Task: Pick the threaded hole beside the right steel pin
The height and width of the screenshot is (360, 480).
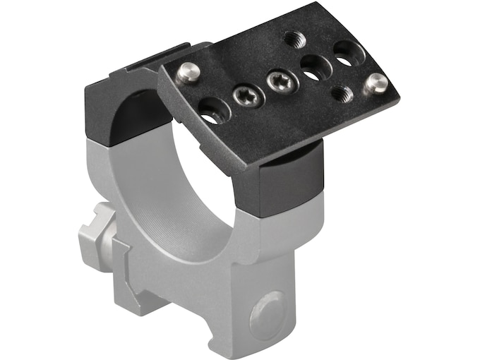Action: click(x=342, y=92)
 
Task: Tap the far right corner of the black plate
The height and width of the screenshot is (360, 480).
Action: click(x=397, y=94)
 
